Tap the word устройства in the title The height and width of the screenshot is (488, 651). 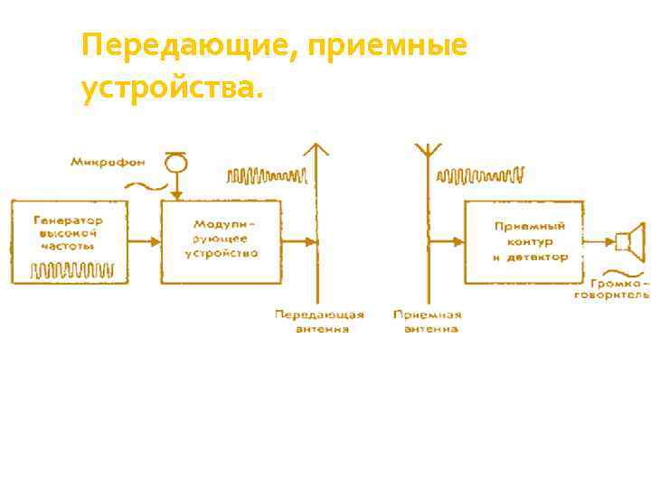click(x=172, y=89)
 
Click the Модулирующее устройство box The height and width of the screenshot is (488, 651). click(x=222, y=241)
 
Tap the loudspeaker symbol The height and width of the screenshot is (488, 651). click(x=628, y=241)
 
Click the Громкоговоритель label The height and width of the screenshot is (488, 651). click(x=621, y=287)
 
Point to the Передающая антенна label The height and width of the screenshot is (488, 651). click(x=319, y=321)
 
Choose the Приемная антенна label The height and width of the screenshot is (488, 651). click(x=427, y=321)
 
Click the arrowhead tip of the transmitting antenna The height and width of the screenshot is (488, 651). click(x=316, y=146)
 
